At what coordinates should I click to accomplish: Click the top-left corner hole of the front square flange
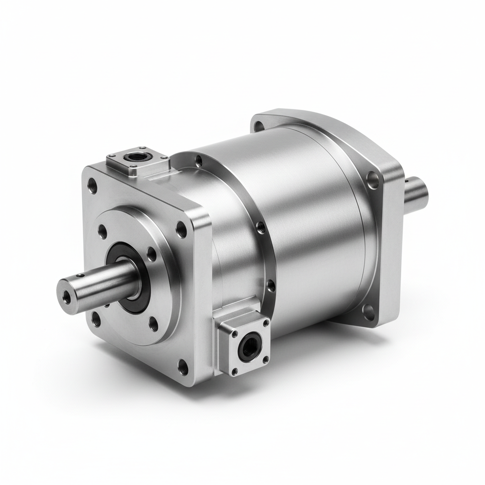pos(93,185)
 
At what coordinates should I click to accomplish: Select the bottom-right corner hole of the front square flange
pos(183,365)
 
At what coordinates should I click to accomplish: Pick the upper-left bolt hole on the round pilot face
pos(102,232)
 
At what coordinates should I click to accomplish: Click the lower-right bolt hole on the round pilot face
pos(153,324)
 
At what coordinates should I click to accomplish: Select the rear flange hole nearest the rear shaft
pos(373,180)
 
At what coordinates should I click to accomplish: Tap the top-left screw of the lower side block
pos(234,333)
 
